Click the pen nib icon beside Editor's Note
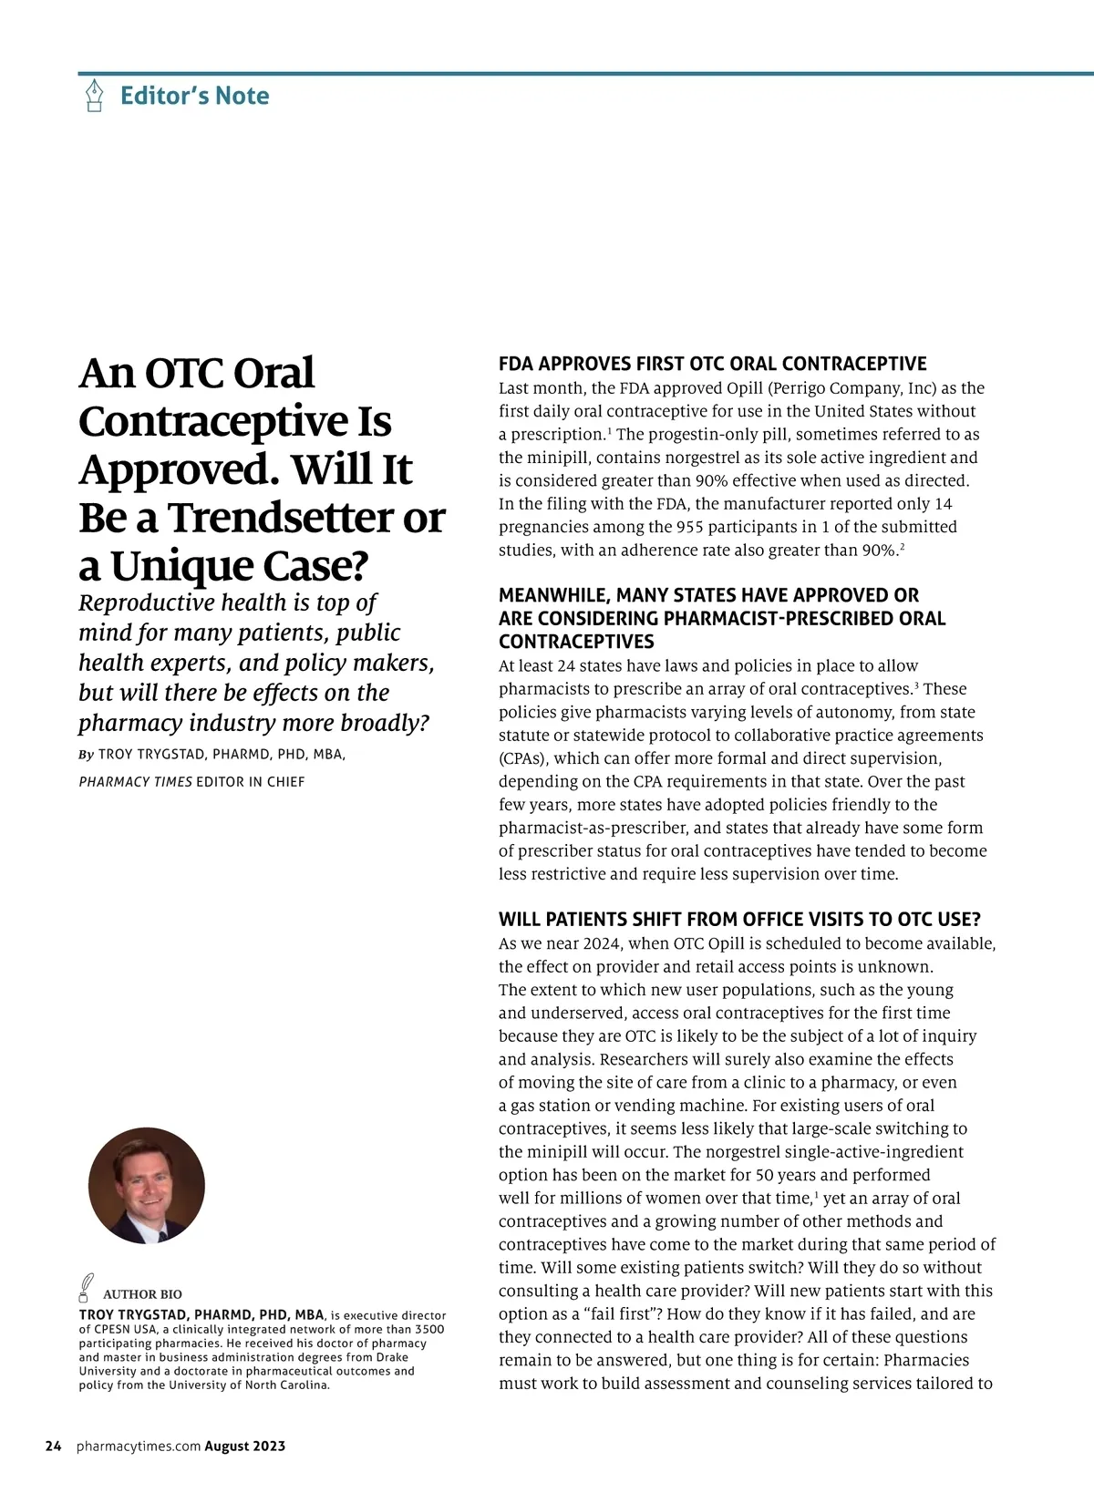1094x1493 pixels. pos(94,96)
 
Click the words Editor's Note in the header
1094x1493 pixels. pos(194,96)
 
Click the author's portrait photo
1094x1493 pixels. pos(147,1185)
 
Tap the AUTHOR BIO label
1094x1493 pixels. pos(142,1294)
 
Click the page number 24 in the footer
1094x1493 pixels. pos(54,1446)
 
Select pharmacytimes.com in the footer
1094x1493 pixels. pos(139,1446)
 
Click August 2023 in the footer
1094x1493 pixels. pos(244,1446)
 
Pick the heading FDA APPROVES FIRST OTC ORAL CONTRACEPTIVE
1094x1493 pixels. pos(712,364)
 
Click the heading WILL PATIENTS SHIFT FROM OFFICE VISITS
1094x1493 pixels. pos(739,919)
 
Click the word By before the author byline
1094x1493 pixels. pos(87,755)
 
